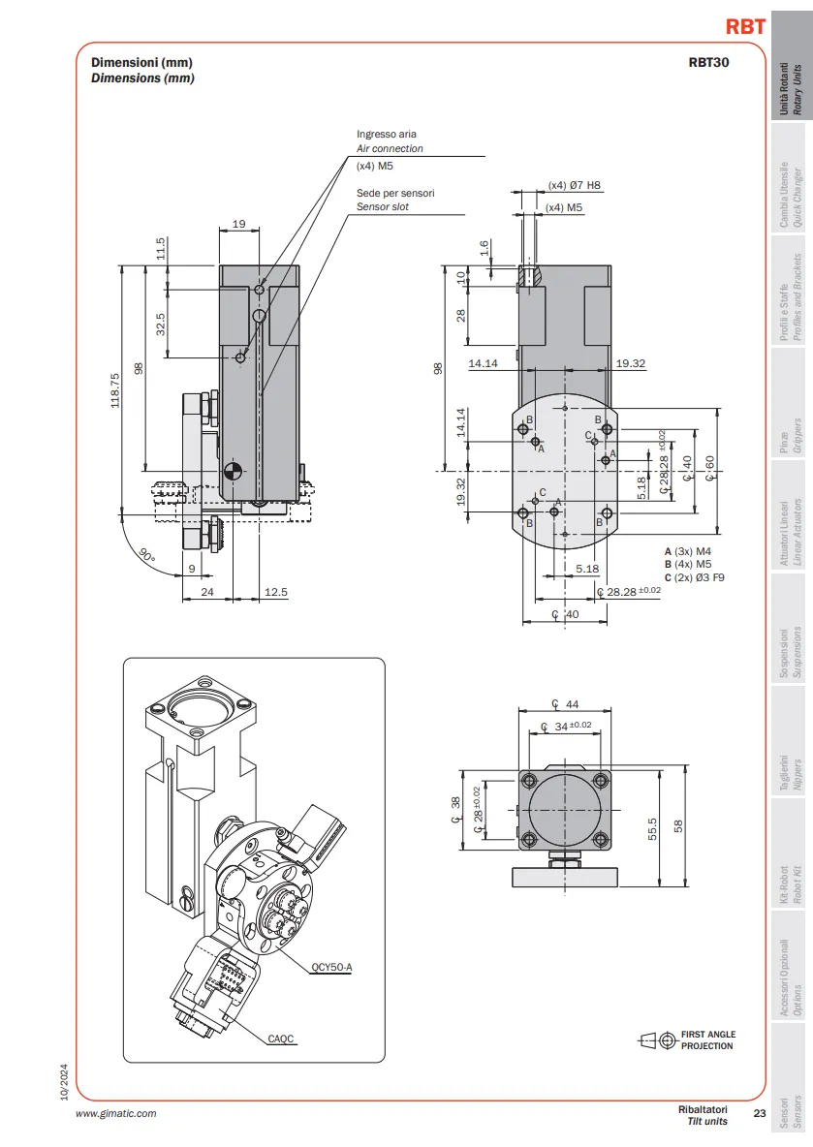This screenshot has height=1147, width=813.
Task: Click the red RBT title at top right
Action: [745, 26]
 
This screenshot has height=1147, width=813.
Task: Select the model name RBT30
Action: [708, 63]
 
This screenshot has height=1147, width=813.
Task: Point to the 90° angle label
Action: [147, 556]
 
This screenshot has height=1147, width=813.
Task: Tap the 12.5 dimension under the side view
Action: [276, 592]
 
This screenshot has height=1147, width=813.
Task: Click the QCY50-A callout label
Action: [331, 967]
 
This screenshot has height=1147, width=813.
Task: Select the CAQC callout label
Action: [281, 1038]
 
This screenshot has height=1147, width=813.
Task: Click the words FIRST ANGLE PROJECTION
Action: [708, 1040]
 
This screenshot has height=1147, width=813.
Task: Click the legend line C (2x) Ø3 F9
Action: [694, 578]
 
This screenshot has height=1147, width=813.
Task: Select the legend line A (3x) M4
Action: [688, 551]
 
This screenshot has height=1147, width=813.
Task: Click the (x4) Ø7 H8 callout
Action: [574, 185]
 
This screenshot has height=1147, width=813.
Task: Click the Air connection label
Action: [390, 148]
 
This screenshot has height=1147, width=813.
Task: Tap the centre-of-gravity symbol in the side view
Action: [231, 473]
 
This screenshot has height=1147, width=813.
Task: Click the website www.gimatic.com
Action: [116, 1113]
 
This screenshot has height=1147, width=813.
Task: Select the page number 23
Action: [760, 1113]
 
